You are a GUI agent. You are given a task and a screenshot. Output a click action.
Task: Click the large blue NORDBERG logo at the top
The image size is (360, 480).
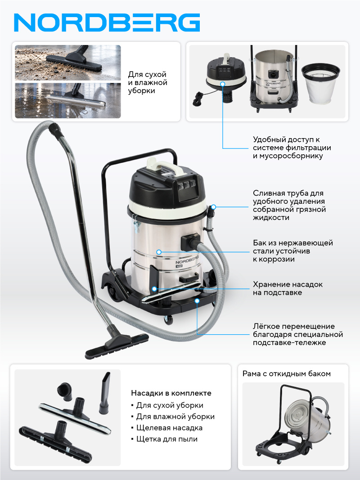pos(107,22)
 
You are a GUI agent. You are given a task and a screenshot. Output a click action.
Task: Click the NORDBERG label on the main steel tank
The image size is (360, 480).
pos(187,260)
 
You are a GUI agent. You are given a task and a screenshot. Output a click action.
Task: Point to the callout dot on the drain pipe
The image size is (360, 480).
pos(214,207)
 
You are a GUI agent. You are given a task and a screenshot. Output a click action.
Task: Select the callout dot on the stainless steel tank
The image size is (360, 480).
pos(159,252)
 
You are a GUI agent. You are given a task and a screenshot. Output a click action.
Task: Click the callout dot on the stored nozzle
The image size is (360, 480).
pos(154,289)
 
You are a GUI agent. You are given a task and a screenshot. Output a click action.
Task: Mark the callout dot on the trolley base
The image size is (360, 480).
pos(197,301)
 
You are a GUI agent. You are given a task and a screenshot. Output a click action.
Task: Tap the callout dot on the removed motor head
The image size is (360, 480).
pos(223,84)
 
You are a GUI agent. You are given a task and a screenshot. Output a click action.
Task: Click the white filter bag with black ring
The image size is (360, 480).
pos(320,82)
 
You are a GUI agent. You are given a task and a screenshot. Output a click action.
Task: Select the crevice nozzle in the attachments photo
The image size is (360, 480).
pos(104,393)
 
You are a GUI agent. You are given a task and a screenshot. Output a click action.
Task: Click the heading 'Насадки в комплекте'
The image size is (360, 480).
pos(171,393)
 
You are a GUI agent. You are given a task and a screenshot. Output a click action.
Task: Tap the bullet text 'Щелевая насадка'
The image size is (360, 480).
pos(169,428)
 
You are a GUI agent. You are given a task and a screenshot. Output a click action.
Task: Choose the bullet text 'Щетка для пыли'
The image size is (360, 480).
pos(167,439)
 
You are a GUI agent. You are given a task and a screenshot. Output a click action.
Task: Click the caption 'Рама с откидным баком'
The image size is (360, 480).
pos(287,373)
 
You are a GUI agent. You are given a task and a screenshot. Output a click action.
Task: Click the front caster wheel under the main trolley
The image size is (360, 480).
pos(168,320)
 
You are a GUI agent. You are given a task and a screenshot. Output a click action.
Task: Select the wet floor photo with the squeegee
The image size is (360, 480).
pos(68,100)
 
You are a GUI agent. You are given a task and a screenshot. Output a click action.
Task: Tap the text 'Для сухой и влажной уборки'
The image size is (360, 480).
pos(148,83)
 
